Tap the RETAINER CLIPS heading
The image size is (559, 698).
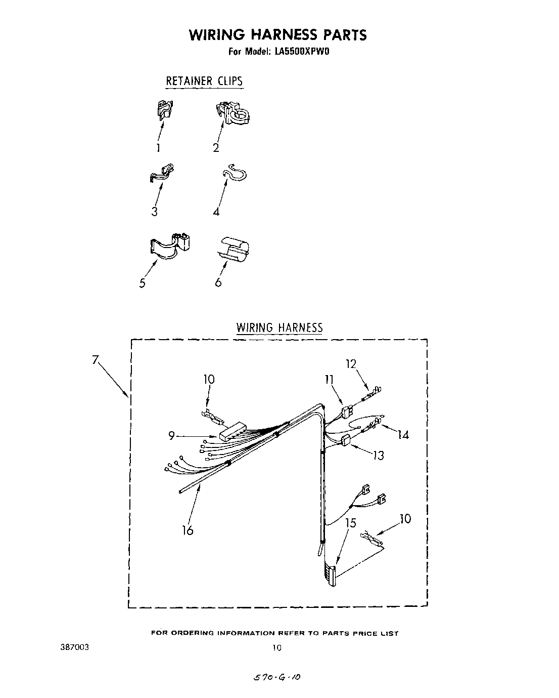[x=205, y=81]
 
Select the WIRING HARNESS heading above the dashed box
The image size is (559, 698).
[x=279, y=327]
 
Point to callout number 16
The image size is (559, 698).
[x=188, y=530]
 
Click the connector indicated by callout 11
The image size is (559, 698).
[x=346, y=412]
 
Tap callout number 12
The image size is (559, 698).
[x=351, y=363]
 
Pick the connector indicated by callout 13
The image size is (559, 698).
[x=346, y=441]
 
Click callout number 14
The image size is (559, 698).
[x=403, y=434]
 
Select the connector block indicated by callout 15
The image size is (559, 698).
[x=331, y=575]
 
